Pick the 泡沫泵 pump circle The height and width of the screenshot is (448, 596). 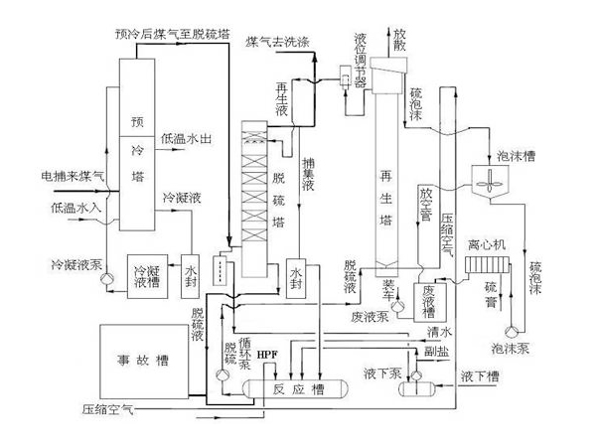(x=512, y=330)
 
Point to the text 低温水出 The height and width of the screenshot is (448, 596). (x=189, y=139)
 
